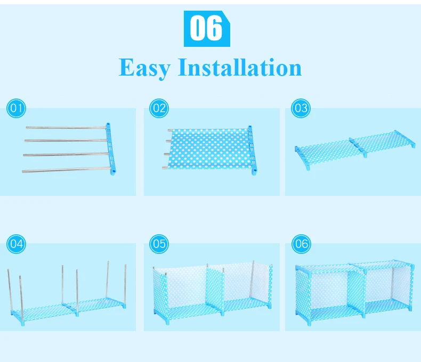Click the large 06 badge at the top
(207, 29)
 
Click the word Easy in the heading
(144, 68)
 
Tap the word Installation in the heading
(240, 67)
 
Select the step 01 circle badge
(16, 108)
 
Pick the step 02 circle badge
(159, 108)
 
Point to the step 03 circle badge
(301, 108)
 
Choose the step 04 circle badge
(16, 244)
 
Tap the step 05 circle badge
(159, 244)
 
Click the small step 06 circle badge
(301, 244)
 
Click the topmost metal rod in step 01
(66, 127)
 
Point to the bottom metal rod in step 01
(67, 169)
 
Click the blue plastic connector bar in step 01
(111, 149)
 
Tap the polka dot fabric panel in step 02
(209, 149)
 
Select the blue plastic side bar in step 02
(252, 150)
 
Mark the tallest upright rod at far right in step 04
(125, 286)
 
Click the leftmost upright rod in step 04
(10, 290)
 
